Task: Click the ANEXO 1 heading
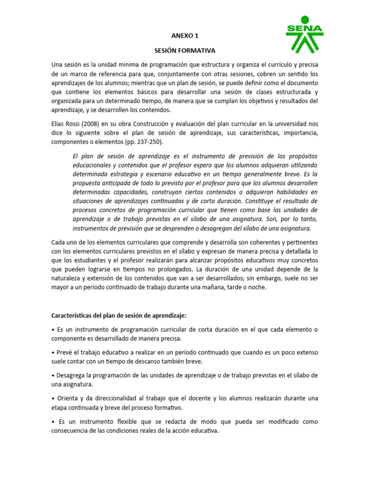(x=185, y=36)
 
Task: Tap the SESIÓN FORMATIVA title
(x=185, y=50)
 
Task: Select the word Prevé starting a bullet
(x=64, y=352)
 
